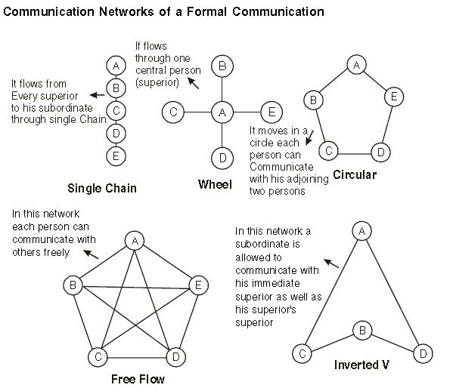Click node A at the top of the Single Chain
pos(115,66)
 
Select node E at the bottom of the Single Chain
pos(115,156)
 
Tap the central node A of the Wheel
pos(222,112)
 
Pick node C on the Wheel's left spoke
pos(173,112)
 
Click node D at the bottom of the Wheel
pos(222,158)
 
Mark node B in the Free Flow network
pos(74,285)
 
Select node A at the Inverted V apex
pos(362,229)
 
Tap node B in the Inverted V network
pos(362,330)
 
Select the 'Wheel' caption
pos(214,184)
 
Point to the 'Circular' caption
pos(354,174)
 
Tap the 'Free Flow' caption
pos(138,379)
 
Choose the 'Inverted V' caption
pos(361,365)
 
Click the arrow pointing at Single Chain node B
pos(96,94)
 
